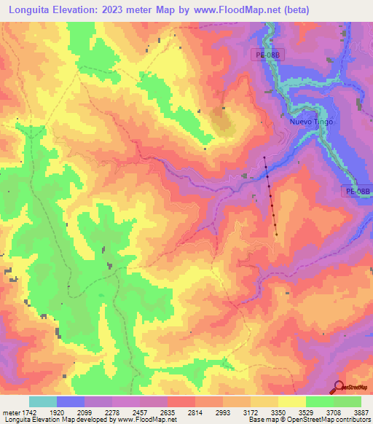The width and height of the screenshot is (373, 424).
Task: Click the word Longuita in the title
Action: click(33, 10)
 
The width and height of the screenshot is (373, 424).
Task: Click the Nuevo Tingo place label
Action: click(311, 122)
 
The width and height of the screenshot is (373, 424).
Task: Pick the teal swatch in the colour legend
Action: click(43, 401)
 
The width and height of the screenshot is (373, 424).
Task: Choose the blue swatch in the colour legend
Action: click(71, 401)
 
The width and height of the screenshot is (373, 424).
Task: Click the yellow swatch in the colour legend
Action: click(292, 401)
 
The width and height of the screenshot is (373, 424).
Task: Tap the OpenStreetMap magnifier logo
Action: click(340, 387)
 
